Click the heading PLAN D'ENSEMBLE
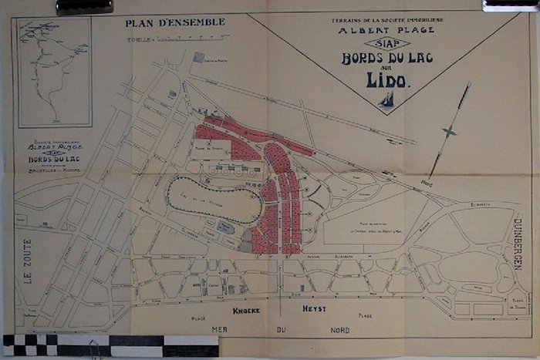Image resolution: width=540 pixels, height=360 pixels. point(175,23)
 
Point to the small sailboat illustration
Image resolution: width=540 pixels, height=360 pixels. point(386,99)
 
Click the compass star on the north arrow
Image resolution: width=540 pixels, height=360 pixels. point(448,132)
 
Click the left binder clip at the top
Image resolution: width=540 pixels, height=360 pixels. point(84,7)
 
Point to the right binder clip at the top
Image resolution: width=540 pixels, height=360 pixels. point(510,5)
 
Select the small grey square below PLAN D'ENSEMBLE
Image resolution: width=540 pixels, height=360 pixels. point(199,57)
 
